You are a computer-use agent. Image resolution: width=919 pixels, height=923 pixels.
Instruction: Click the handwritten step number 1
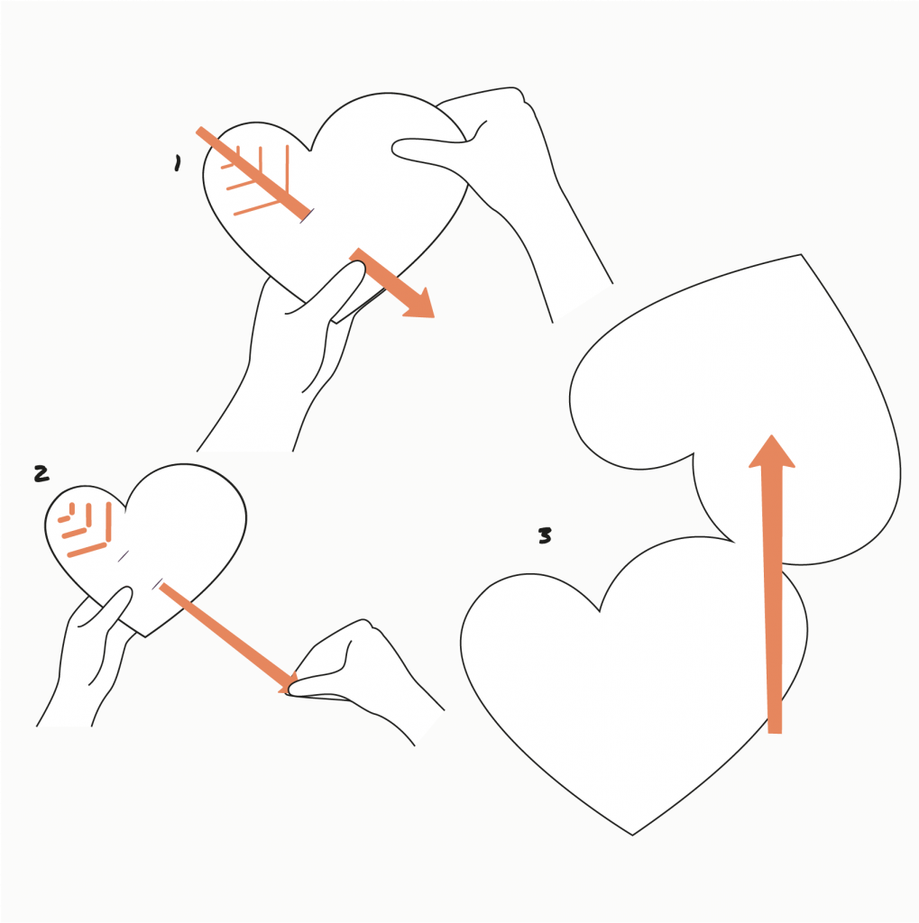tap(178, 163)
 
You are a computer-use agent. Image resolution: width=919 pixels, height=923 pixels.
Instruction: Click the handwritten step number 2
tap(41, 473)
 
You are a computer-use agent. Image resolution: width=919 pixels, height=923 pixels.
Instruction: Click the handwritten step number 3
tap(545, 535)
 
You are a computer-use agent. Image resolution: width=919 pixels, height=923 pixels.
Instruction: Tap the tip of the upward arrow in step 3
tap(772, 435)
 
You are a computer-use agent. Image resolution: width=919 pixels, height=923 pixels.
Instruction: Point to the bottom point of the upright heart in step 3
tap(632, 835)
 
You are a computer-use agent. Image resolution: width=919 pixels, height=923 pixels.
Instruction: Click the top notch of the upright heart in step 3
tap(599, 611)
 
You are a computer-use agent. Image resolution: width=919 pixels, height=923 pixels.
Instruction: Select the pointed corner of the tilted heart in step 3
tap(801, 254)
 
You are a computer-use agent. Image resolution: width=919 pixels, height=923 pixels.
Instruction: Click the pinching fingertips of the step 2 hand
tap(291, 689)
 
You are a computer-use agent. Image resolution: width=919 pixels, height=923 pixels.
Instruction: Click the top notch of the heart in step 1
tap(310, 151)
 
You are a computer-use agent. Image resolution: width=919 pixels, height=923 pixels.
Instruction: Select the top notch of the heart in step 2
tap(125, 510)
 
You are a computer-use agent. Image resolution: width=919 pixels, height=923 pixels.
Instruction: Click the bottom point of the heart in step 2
tap(145, 636)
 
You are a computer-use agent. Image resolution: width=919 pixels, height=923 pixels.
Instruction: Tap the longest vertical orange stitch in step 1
tap(287, 169)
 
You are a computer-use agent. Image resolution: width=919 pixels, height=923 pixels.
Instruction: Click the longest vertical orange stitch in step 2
tap(108, 522)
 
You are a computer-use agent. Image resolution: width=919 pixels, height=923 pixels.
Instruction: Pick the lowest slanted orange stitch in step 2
tap(87, 550)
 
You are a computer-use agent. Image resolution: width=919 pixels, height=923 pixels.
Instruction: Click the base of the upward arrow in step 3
tap(775, 733)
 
